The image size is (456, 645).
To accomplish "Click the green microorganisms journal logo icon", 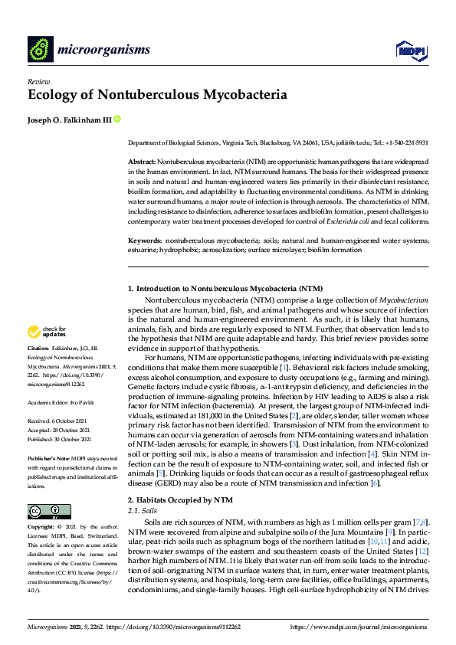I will [40, 50].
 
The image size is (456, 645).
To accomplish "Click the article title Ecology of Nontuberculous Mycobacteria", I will [157, 96].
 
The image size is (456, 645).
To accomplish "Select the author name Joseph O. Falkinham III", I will [69, 119].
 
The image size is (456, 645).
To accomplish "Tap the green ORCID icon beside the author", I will [118, 119].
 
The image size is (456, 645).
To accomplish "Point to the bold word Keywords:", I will [144, 240].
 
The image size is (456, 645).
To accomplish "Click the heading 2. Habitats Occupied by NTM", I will [179, 500].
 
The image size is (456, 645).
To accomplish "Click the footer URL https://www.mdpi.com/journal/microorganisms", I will [359, 627].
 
